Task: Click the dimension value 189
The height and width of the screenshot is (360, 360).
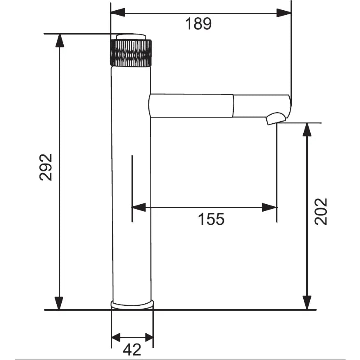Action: point(198,24)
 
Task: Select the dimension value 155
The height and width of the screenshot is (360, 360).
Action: point(212,219)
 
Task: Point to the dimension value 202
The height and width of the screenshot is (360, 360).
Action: point(321,211)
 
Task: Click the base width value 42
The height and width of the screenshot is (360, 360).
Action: point(132,350)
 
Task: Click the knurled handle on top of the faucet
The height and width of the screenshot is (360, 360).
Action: point(131,53)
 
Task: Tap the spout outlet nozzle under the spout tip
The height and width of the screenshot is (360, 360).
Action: point(275,119)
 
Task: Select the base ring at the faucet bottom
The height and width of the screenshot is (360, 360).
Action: point(132,304)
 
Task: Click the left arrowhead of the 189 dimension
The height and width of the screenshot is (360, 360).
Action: point(118,12)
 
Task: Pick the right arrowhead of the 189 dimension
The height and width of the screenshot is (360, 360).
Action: point(284,12)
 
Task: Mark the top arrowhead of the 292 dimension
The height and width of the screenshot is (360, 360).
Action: point(60,40)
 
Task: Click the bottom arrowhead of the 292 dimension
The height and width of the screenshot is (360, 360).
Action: point(60,303)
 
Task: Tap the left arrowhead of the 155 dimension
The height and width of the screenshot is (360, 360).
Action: point(138,208)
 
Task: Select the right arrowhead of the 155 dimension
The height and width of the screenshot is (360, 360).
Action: point(270,208)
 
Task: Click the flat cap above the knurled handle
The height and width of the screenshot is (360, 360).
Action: point(131,37)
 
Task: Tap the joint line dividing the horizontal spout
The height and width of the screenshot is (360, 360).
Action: point(233,106)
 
